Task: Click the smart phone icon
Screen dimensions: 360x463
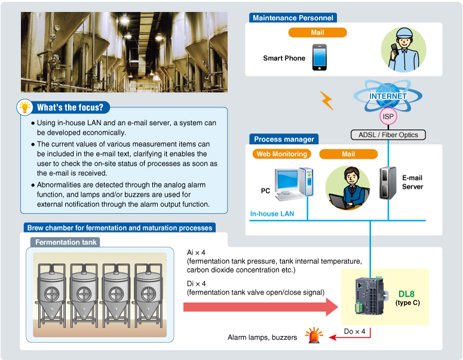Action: (x=319, y=59)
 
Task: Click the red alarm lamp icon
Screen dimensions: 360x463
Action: (x=312, y=336)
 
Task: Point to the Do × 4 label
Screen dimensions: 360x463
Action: (x=355, y=331)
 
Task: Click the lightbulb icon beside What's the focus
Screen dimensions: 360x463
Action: (x=24, y=107)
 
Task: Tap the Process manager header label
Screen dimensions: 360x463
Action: (x=284, y=139)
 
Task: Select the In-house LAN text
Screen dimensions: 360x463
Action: (x=272, y=213)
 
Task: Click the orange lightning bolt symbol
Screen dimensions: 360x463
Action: (x=327, y=100)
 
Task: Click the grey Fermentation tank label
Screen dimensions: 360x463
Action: (x=66, y=242)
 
